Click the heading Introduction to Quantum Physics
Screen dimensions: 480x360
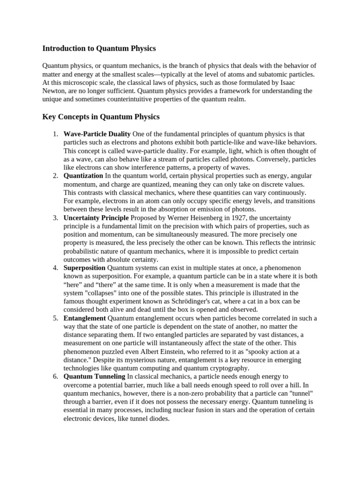pos(99,48)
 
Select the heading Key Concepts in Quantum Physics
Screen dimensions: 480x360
pos(101,116)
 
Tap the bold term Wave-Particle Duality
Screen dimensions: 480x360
pos(97,134)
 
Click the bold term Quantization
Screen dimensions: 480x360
pos(83,176)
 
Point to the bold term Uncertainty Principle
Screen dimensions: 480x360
pos(96,218)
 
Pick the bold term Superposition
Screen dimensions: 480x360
pos(84,268)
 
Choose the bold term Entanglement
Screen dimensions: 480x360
pos(85,318)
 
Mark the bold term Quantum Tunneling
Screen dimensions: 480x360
pos(94,376)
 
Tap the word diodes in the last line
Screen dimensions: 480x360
pos(157,419)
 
